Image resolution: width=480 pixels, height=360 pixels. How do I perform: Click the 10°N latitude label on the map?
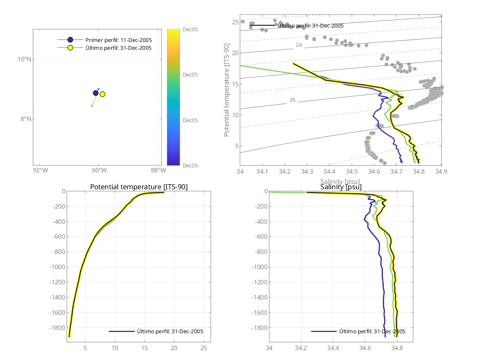pos(25,59)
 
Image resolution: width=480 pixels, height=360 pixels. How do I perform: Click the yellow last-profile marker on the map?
pos(102,94)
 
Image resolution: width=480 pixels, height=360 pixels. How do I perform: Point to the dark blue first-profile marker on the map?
pos(96,93)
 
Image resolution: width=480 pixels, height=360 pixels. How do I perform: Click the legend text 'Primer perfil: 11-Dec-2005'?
pos(118,40)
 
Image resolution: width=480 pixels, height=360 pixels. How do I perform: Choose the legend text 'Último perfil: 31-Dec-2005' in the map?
pos(118,48)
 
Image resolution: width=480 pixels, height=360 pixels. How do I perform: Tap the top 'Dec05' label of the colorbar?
pos(190,29)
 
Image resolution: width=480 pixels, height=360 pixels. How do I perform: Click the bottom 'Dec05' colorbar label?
pos(190,165)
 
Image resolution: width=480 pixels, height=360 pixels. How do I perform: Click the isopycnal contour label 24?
pos(299,45)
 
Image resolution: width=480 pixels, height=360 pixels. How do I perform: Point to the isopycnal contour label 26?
pos(292,100)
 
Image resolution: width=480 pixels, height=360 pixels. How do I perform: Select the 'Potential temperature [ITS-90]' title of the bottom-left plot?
pos(139,187)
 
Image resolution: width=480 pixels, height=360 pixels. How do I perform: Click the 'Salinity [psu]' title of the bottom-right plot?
pos(341,187)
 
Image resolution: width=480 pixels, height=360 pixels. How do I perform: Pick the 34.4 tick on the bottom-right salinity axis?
pos(333,348)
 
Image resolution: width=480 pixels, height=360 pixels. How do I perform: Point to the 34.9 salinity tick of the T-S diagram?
pos(441,171)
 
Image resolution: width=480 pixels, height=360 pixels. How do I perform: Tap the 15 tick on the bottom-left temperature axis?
pos(144,348)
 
